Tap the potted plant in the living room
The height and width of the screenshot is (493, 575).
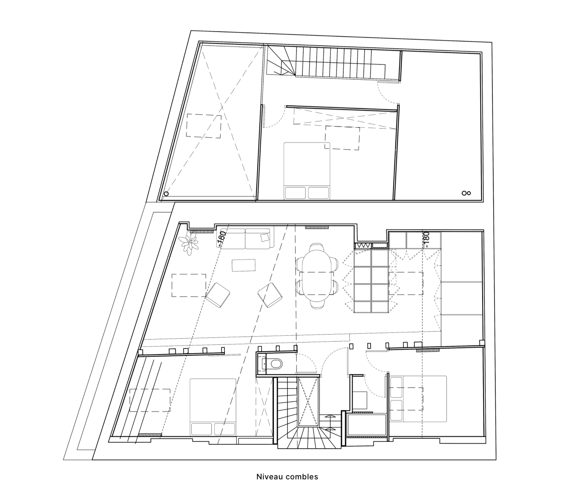coord(189,243)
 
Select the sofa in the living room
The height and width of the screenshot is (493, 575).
coord(246,239)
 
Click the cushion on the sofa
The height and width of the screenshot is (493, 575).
coord(264,236)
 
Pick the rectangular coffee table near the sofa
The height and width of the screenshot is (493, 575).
coord(244,265)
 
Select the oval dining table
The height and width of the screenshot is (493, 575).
coord(315,276)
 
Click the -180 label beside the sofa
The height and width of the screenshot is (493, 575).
coord(220,239)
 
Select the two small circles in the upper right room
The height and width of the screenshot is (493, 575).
coord(466,193)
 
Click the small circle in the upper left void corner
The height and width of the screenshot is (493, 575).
coord(166,194)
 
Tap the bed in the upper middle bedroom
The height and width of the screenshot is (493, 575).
coord(307,171)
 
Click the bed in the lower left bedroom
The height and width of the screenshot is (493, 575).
coord(213,407)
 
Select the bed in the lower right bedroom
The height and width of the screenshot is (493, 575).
coord(417,399)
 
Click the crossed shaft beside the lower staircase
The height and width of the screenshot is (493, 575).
coord(308,401)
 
